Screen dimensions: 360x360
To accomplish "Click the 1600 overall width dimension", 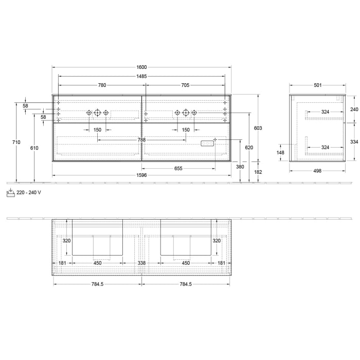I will pyautogui.click(x=142, y=67).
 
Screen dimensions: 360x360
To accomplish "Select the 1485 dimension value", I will pyautogui.click(x=142, y=76).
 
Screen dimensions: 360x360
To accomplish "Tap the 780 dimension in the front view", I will pyautogui.click(x=102, y=85).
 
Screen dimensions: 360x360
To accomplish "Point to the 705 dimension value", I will pyautogui.click(x=185, y=85).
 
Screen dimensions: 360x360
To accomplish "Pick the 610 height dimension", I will pyautogui.click(x=34, y=148).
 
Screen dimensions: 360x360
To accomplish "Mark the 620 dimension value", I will pyautogui.click(x=249, y=148).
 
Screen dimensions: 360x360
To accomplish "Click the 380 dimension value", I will pyautogui.click(x=240, y=167).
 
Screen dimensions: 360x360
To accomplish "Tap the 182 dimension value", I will pyautogui.click(x=258, y=172).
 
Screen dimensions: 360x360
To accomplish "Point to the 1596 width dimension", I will pyautogui.click(x=142, y=175).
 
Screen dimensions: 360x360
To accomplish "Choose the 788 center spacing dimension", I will pyautogui.click(x=141, y=139).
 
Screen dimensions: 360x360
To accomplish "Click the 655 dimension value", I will pyautogui.click(x=178, y=168).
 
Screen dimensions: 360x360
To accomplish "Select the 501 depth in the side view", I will pyautogui.click(x=317, y=85).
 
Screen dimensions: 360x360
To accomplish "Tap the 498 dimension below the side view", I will pyautogui.click(x=317, y=171).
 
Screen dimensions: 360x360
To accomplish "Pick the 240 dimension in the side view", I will pyautogui.click(x=354, y=109).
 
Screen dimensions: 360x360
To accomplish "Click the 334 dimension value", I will pyautogui.click(x=354, y=141).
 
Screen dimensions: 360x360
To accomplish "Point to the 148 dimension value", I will pyautogui.click(x=281, y=152).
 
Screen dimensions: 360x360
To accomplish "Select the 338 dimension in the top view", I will pyautogui.click(x=142, y=263).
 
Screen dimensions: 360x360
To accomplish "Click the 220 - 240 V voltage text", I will pyautogui.click(x=29, y=192).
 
